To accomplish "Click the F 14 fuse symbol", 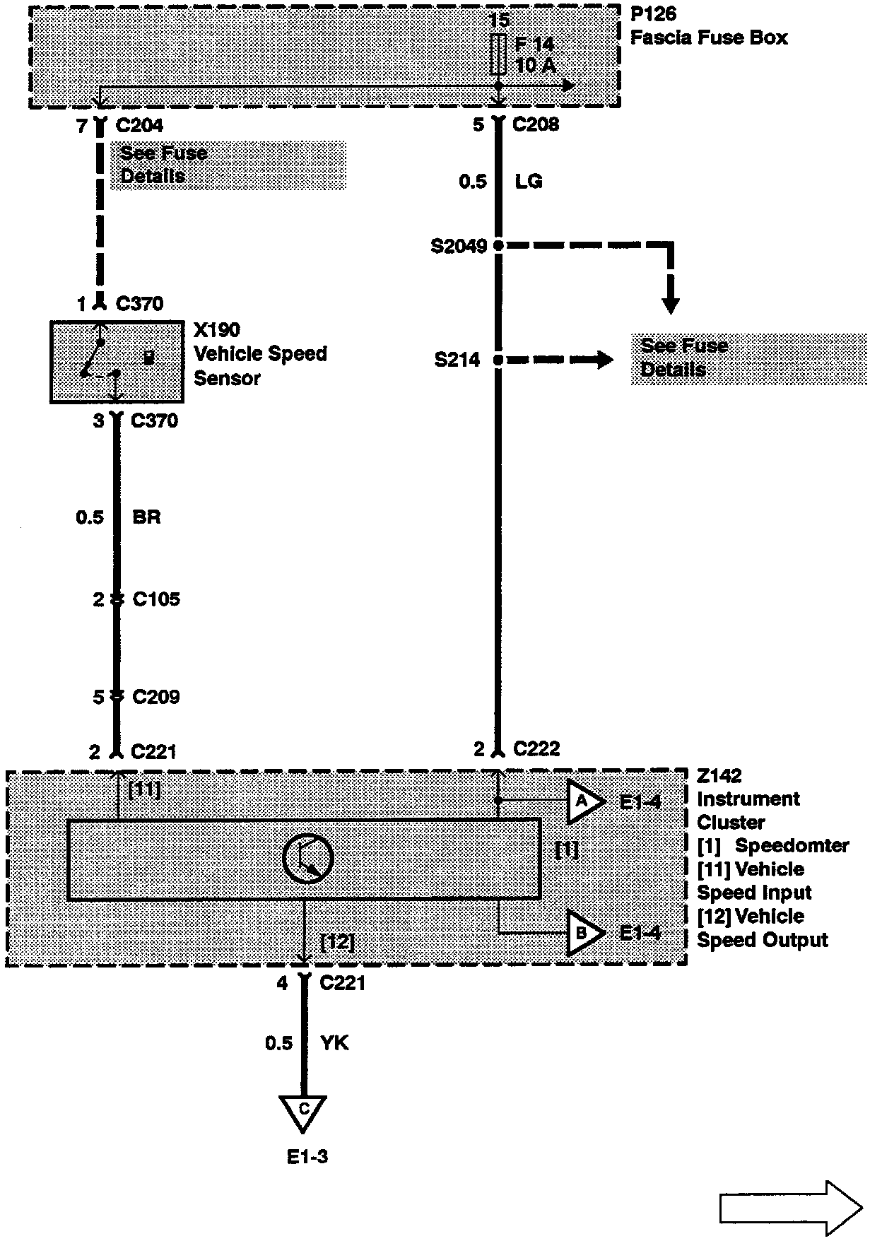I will [x=498, y=54].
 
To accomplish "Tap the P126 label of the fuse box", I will [x=652, y=14].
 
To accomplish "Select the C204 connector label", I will [x=139, y=126].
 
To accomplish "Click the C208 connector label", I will [x=535, y=125].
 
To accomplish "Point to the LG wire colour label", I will [x=528, y=182].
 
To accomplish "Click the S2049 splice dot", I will [x=498, y=246].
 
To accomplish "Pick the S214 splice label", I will [x=457, y=360].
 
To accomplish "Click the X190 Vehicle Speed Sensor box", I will [x=117, y=362].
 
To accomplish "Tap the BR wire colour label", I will [x=146, y=517].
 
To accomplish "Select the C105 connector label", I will [x=156, y=599].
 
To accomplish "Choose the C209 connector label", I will [x=156, y=698].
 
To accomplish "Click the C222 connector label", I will [x=536, y=749].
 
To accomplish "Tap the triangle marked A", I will [x=584, y=801].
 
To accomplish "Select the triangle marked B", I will [x=584, y=934].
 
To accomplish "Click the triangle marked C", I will [x=303, y=1111].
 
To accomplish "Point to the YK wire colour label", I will [x=334, y=1043].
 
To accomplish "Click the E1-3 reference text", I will [x=307, y=1157].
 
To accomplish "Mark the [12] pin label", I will [x=337, y=943].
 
